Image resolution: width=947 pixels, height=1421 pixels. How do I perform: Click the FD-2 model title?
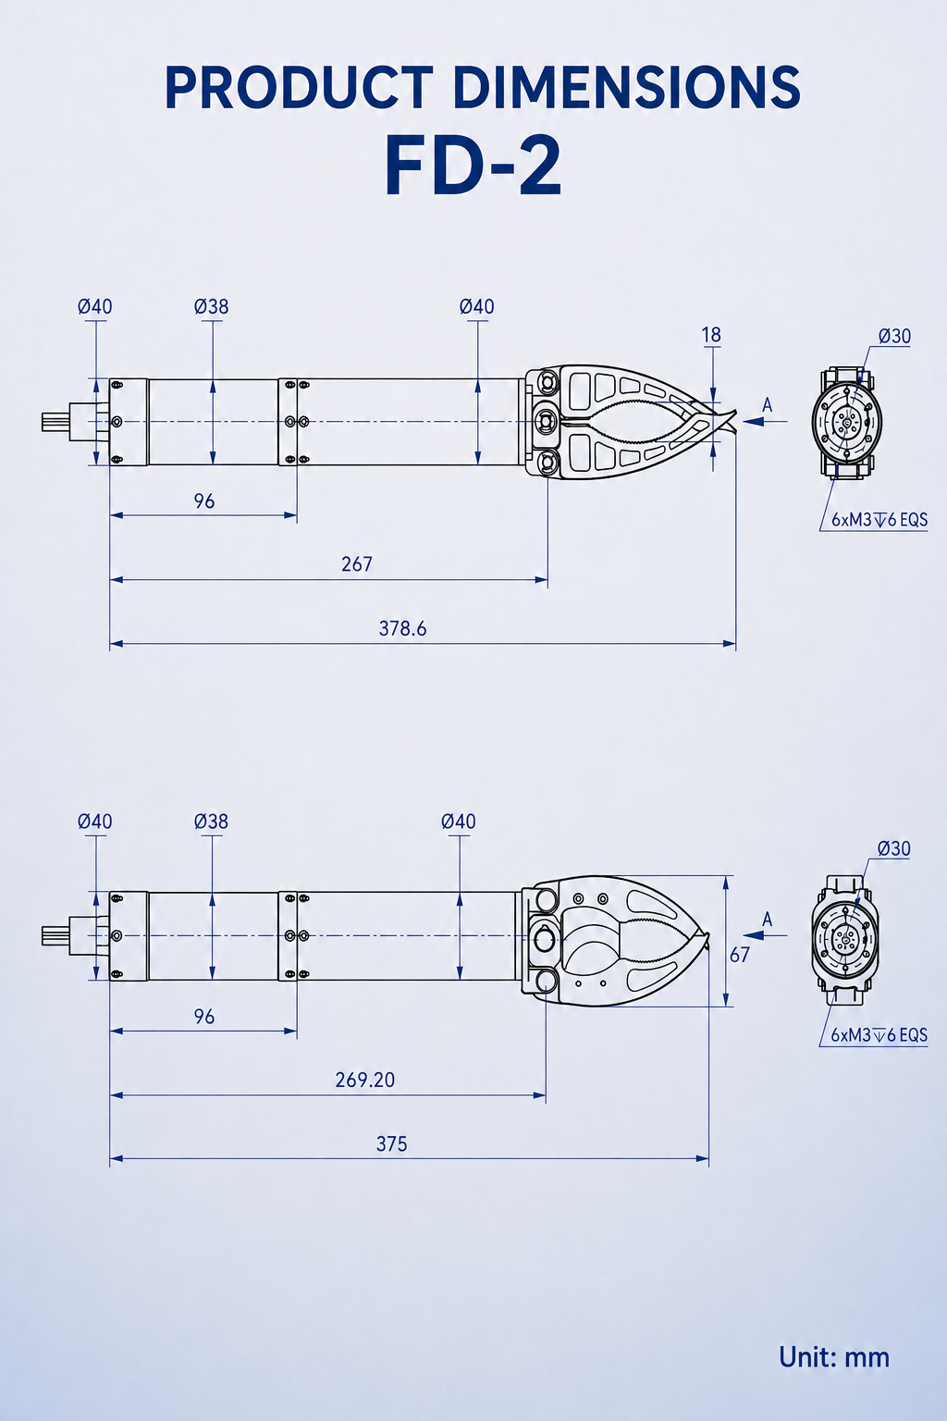coord(473,167)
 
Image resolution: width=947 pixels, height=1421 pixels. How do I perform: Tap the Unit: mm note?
coord(834,1357)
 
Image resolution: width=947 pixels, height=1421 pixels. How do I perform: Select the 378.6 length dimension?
coord(403,629)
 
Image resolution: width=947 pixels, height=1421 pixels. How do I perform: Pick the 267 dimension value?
coord(356,564)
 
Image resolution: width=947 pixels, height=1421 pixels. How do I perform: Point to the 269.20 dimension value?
coord(364,1080)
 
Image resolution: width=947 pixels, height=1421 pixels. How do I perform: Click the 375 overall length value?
coord(391,1143)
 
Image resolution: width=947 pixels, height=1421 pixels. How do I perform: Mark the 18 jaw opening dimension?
coord(712,335)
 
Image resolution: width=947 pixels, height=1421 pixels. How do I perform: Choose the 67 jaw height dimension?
coord(740,955)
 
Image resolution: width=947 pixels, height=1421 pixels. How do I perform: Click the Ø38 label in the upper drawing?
coord(211,307)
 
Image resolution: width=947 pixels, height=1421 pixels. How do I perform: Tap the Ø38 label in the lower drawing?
coord(211,822)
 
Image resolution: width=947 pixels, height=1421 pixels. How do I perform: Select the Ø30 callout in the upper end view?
coord(894,336)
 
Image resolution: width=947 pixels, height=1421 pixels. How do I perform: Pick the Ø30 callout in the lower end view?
coord(893,848)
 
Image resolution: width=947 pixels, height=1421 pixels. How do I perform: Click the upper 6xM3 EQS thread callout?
coord(879,520)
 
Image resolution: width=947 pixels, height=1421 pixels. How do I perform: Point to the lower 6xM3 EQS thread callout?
coord(879,1035)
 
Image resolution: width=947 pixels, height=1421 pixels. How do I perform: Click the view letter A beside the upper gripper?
coord(768,404)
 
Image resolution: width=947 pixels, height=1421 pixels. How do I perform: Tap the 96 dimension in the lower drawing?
coord(204,1017)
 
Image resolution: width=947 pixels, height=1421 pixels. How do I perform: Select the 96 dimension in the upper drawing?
coord(204,501)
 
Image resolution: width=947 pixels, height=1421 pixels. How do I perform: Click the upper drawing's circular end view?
coord(847,421)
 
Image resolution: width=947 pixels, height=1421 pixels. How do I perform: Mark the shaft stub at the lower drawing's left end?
coord(55,935)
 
